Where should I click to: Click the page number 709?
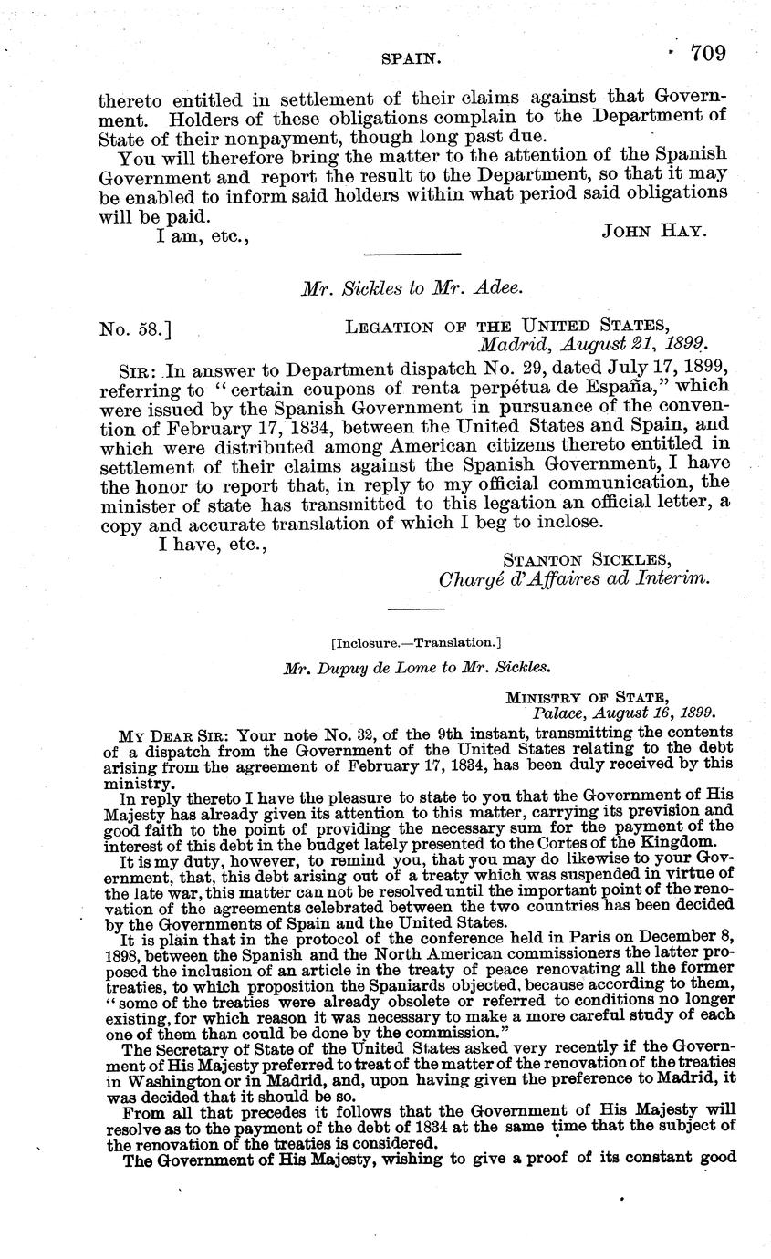pyautogui.click(x=708, y=53)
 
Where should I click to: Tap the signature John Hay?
pyautogui.click(x=654, y=232)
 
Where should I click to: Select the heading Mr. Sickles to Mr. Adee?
pyautogui.click(x=412, y=288)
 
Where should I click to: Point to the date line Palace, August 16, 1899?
pyautogui.click(x=623, y=712)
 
